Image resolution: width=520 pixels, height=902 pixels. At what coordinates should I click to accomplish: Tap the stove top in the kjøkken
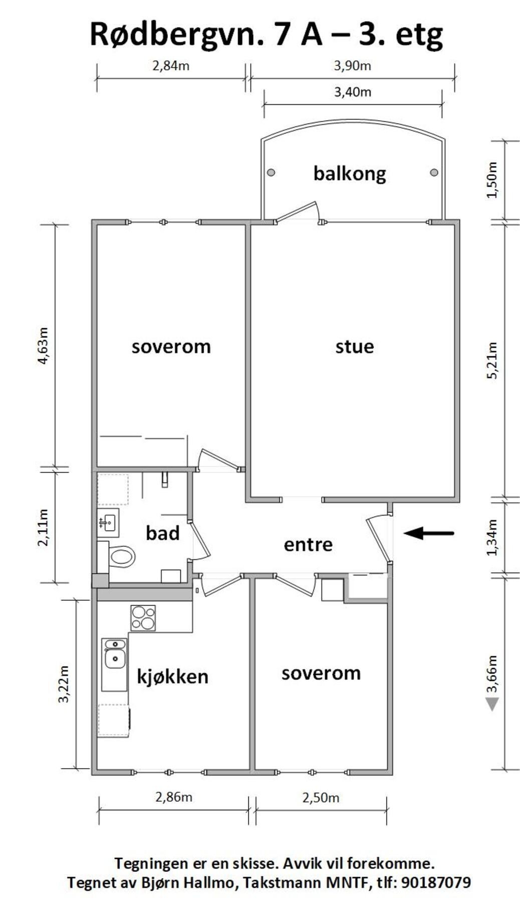(143, 618)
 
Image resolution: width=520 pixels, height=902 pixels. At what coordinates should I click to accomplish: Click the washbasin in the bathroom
(108, 523)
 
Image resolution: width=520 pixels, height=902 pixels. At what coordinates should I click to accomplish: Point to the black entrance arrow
(429, 533)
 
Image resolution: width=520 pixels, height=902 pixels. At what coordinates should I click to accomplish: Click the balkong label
(350, 173)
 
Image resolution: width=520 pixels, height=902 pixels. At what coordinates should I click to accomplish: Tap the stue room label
(355, 346)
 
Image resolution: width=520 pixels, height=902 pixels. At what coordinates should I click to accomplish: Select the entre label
(308, 544)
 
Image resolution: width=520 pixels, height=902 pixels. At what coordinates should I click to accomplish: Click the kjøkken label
(172, 676)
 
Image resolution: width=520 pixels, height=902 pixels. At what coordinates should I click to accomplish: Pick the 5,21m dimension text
(493, 360)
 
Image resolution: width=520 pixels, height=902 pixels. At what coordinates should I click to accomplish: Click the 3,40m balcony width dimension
(353, 92)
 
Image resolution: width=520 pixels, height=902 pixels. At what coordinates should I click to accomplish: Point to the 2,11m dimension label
(44, 527)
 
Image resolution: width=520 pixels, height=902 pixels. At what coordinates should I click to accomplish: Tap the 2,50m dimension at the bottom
(321, 797)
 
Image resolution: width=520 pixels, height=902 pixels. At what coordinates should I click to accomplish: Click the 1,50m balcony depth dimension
(493, 180)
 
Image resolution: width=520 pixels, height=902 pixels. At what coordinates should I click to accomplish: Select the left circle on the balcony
(271, 172)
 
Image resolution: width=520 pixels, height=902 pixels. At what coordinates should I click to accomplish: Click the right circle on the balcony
(434, 172)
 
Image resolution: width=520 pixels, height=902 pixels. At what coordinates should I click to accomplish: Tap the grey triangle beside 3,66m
(492, 704)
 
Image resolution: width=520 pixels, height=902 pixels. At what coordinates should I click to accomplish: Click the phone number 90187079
(436, 882)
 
